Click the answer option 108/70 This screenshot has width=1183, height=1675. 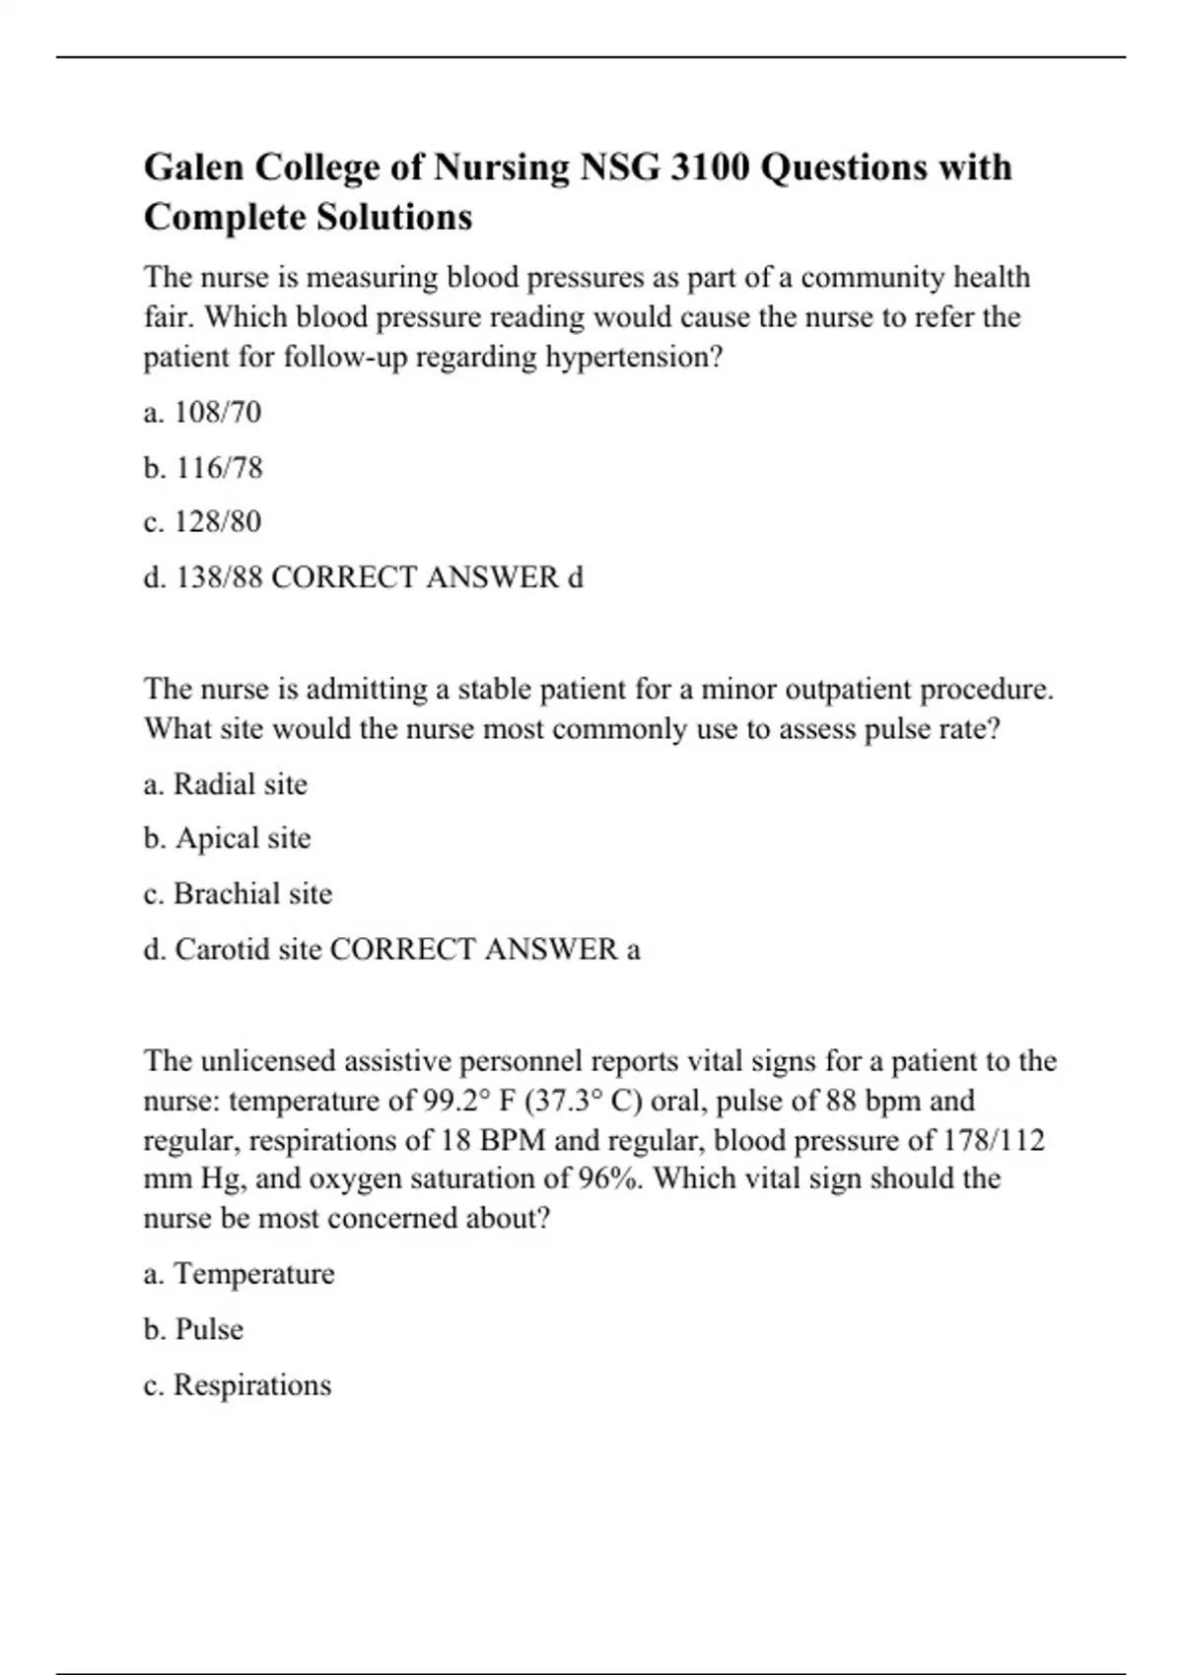217,412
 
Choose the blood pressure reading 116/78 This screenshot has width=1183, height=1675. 219,467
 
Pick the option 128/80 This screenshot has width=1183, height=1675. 217,521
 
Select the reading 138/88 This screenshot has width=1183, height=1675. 219,576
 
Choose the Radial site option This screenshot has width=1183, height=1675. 240,784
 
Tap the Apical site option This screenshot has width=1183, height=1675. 243,838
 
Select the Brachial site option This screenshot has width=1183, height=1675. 252,894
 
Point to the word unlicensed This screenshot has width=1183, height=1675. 267,1061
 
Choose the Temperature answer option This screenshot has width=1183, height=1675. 253,1274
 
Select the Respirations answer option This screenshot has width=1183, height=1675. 251,1384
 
